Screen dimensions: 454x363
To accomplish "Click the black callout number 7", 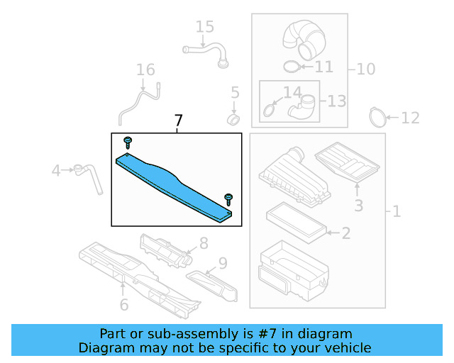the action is [178, 121].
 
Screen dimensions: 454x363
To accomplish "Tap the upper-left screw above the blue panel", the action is [128, 143].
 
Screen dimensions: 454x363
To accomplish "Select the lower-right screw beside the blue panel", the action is [228, 200].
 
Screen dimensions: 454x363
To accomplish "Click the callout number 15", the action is [205, 27].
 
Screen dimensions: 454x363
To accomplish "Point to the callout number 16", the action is [145, 69].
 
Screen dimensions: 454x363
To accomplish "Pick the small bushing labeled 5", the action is [233, 120].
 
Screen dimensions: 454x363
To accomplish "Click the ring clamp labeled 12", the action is [378, 117].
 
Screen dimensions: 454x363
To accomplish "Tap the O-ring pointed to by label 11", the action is [291, 67].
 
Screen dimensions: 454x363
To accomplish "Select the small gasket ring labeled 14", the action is [269, 111].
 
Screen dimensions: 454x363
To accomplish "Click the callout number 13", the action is [337, 101].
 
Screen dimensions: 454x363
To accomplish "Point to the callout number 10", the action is [366, 69].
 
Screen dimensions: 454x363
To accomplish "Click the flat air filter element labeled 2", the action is [297, 222].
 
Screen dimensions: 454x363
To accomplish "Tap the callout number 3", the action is [359, 206].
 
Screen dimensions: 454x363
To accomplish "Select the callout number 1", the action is [397, 211].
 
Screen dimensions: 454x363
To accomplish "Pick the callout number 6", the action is [124, 305].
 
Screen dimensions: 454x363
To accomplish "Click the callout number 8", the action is [204, 243].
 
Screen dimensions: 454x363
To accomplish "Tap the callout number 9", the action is [223, 263].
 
